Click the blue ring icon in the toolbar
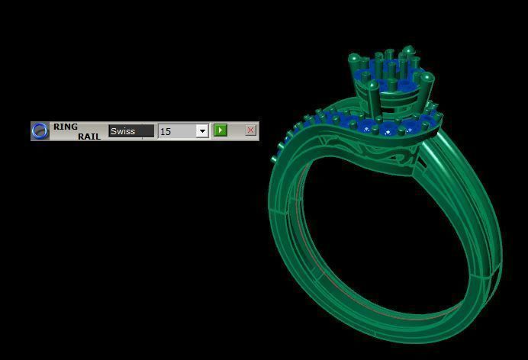pos(40,130)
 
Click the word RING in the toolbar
pos(66,127)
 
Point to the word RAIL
pos(89,137)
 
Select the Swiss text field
pos(130,131)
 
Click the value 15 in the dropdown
pos(176,131)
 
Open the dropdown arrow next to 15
pos(202,131)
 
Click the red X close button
pos(250,130)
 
